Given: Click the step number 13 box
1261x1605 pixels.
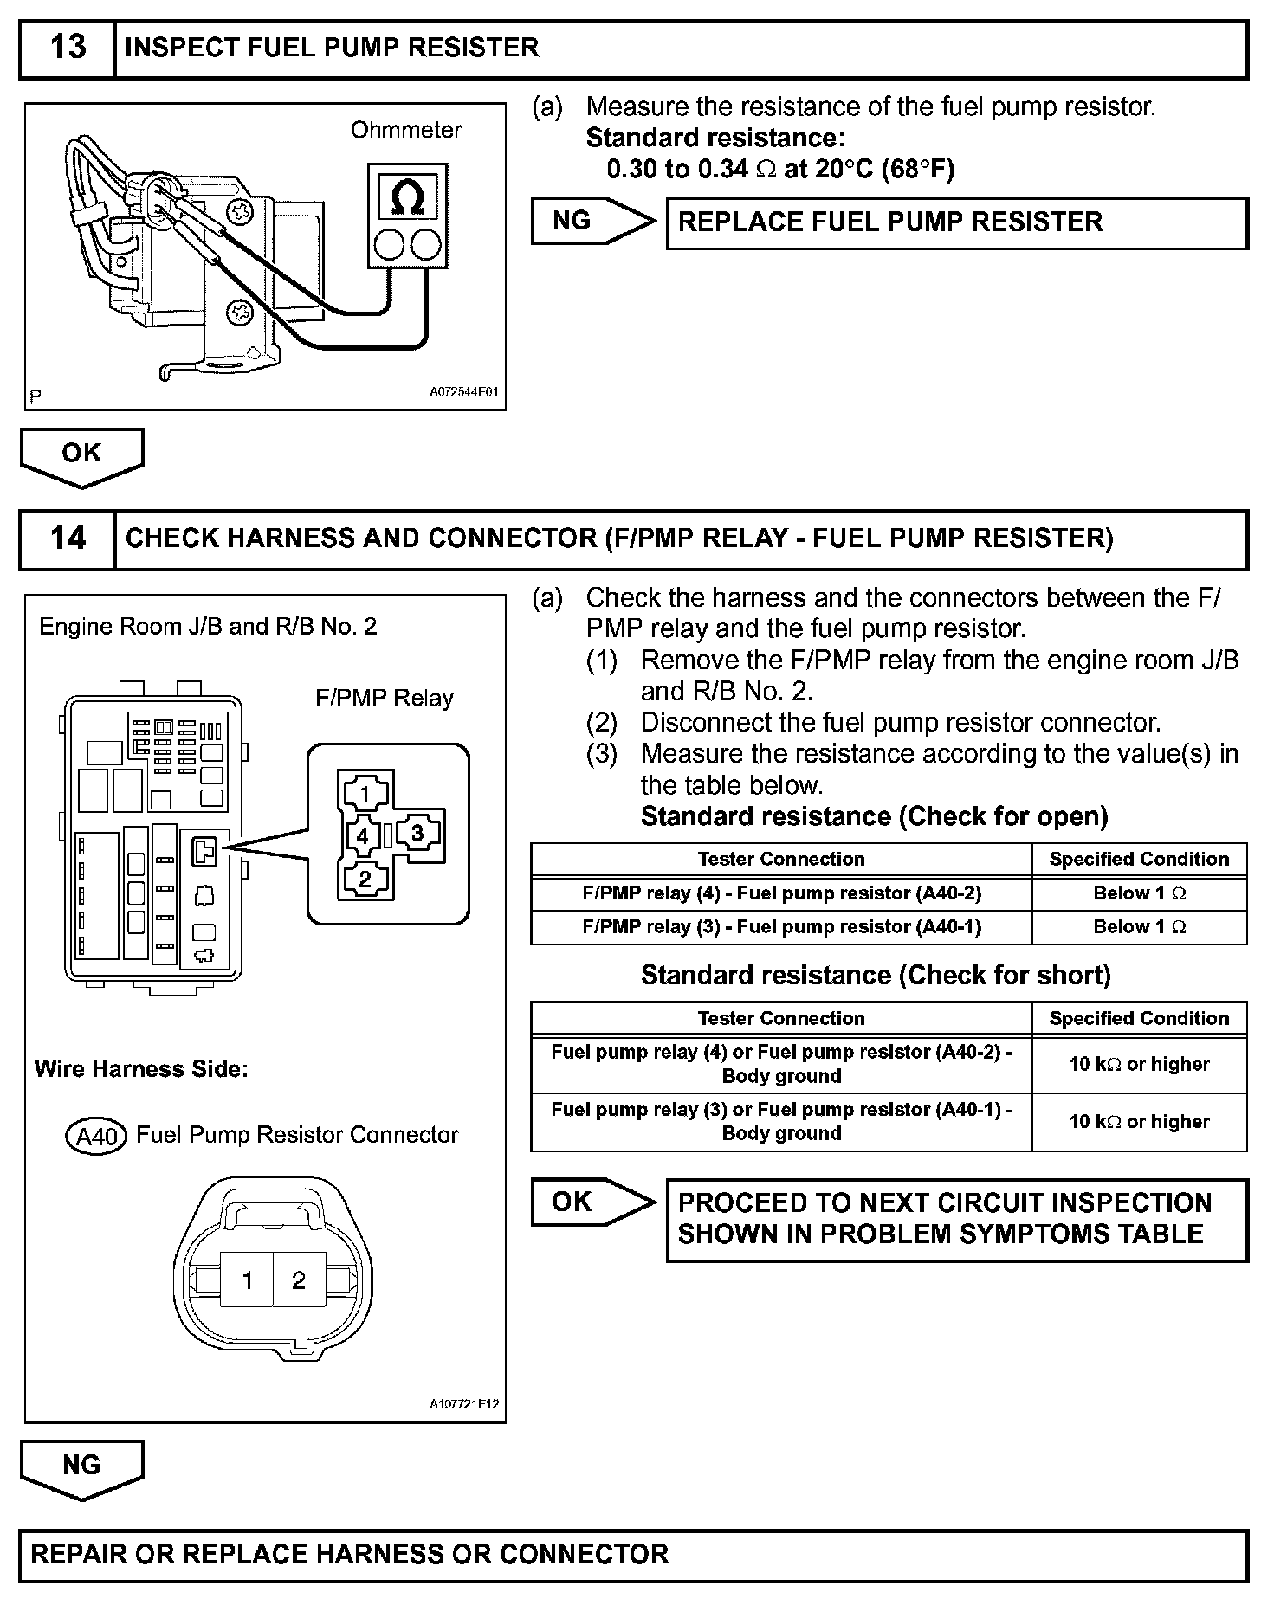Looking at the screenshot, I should pyautogui.click(x=68, y=48).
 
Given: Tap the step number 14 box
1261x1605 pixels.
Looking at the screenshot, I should pyautogui.click(x=68, y=538).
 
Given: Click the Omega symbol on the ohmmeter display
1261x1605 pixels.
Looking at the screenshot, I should pyautogui.click(x=407, y=197).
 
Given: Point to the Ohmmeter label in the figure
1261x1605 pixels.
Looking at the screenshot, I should pyautogui.click(x=405, y=131).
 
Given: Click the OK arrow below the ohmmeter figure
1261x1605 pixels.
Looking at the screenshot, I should pyautogui.click(x=81, y=454).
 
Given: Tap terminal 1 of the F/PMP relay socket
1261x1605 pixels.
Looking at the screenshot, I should pyautogui.click(x=365, y=794).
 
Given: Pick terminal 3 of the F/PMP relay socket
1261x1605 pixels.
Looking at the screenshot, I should pyautogui.click(x=417, y=833).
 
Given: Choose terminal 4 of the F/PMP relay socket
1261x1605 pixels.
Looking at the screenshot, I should pyautogui.click(x=363, y=836).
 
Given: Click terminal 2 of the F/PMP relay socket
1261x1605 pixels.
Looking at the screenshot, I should pyautogui.click(x=365, y=878).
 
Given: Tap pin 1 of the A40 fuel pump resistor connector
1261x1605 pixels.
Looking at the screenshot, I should pyautogui.click(x=247, y=1279).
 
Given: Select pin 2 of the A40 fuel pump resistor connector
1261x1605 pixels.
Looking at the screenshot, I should pyautogui.click(x=299, y=1279).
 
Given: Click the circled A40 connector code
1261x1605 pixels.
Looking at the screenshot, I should pyautogui.click(x=96, y=1136).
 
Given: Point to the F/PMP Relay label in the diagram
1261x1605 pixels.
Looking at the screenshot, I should pyautogui.click(x=384, y=699).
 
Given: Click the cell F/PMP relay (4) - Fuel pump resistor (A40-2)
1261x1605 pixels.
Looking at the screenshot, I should pyautogui.click(x=780, y=893).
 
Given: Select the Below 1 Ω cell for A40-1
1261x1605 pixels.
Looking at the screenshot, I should pyautogui.click(x=1139, y=927).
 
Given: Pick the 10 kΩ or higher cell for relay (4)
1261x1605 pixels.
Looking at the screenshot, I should pyautogui.click(x=1139, y=1064).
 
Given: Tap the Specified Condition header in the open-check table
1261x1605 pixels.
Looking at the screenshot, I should pyautogui.click(x=1139, y=860).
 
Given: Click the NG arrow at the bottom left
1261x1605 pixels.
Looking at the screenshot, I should pyautogui.click(x=81, y=1466).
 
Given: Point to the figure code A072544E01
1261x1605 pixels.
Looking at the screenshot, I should pyautogui.click(x=464, y=392).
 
